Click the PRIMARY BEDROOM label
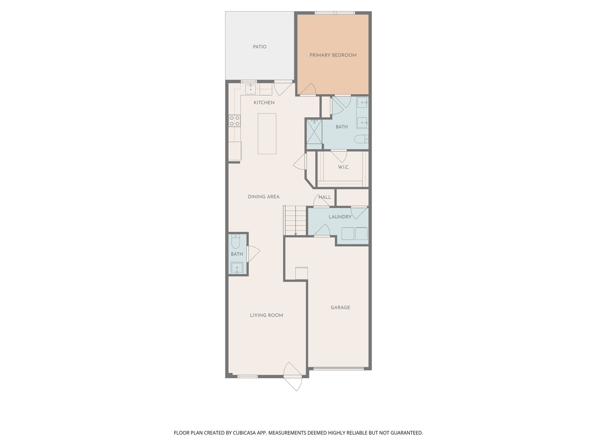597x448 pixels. [333, 55]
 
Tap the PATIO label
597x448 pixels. [259, 47]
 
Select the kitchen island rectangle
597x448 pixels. [267, 134]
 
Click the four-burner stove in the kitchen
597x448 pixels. [234, 121]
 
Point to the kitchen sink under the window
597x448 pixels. [250, 89]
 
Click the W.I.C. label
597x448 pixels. [343, 167]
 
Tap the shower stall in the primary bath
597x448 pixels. [313, 132]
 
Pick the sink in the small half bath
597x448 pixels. [237, 268]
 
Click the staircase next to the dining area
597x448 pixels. [295, 220]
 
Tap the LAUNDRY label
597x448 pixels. [340, 217]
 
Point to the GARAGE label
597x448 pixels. [340, 307]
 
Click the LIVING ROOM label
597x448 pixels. [266, 315]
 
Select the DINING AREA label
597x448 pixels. [264, 197]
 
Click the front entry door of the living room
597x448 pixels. [292, 376]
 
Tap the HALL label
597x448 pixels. [324, 197]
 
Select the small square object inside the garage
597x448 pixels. [301, 273]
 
